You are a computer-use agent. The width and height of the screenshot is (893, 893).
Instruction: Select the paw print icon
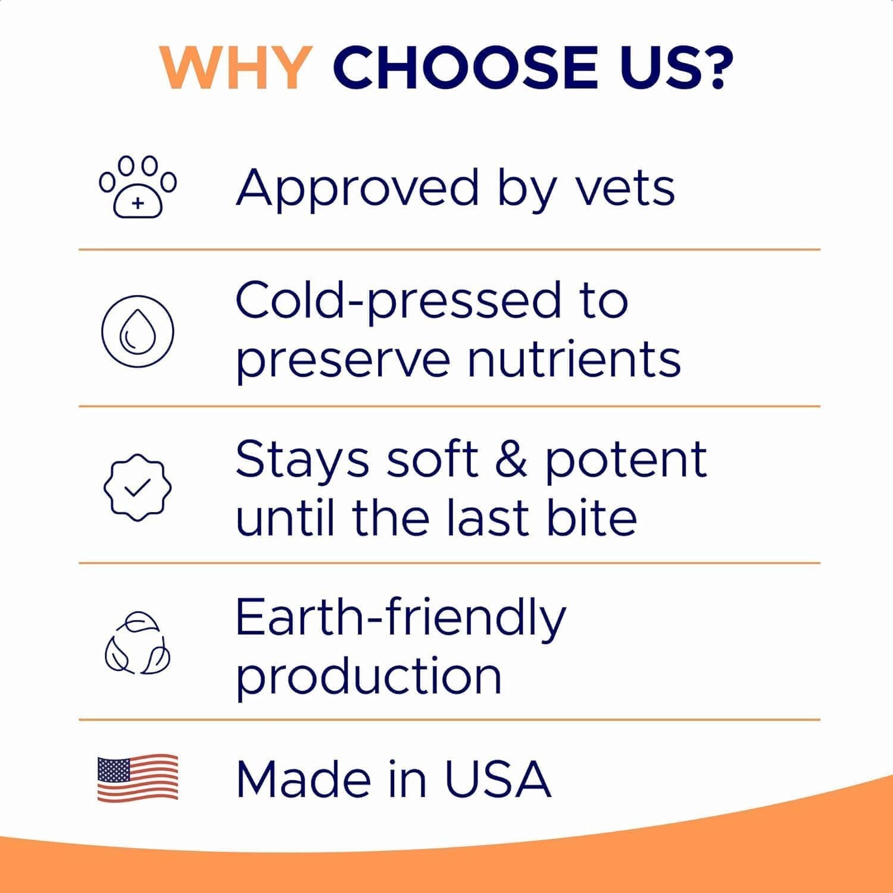[x=138, y=187]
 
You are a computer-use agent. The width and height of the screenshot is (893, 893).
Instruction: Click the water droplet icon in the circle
[x=138, y=331]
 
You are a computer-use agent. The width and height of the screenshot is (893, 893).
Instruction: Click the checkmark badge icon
[x=138, y=488]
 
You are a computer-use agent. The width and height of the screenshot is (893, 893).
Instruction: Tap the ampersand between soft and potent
[x=511, y=459]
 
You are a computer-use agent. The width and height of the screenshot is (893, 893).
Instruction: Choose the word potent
[x=626, y=460]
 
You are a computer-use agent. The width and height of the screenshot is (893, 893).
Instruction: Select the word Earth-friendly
[x=400, y=619]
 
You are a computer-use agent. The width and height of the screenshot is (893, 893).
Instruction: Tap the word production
[x=369, y=677]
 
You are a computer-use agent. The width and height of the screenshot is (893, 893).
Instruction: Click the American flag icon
[x=138, y=778]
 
